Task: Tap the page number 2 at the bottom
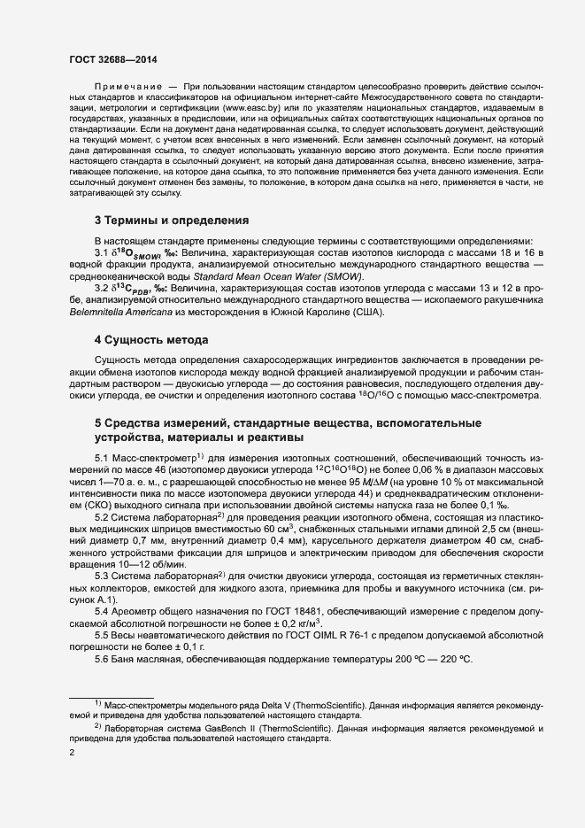click(x=72, y=753)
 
